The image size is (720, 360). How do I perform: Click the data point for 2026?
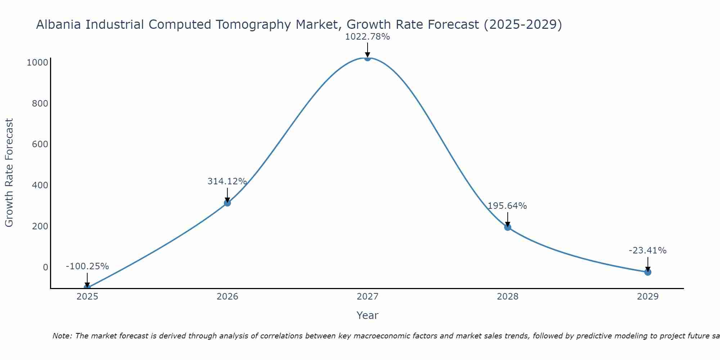click(227, 203)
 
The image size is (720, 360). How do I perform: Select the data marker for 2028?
click(508, 227)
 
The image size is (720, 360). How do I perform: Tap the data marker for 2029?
click(648, 272)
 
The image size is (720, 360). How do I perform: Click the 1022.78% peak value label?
click(367, 37)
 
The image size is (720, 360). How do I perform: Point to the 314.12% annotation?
click(227, 181)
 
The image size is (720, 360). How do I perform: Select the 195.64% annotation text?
click(507, 206)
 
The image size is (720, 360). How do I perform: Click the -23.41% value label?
click(648, 251)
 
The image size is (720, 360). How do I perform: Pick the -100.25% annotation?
click(87, 266)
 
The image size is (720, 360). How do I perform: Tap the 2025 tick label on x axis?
click(87, 297)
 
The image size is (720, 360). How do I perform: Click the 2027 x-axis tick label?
click(367, 297)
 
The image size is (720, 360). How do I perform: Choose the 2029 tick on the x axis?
click(648, 297)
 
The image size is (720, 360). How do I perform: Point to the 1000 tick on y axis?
click(37, 63)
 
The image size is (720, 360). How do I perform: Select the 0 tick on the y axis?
click(45, 267)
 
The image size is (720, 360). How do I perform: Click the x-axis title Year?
click(367, 315)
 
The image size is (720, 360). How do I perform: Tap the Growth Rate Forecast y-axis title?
click(9, 173)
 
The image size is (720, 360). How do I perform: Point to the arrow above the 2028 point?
click(508, 219)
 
